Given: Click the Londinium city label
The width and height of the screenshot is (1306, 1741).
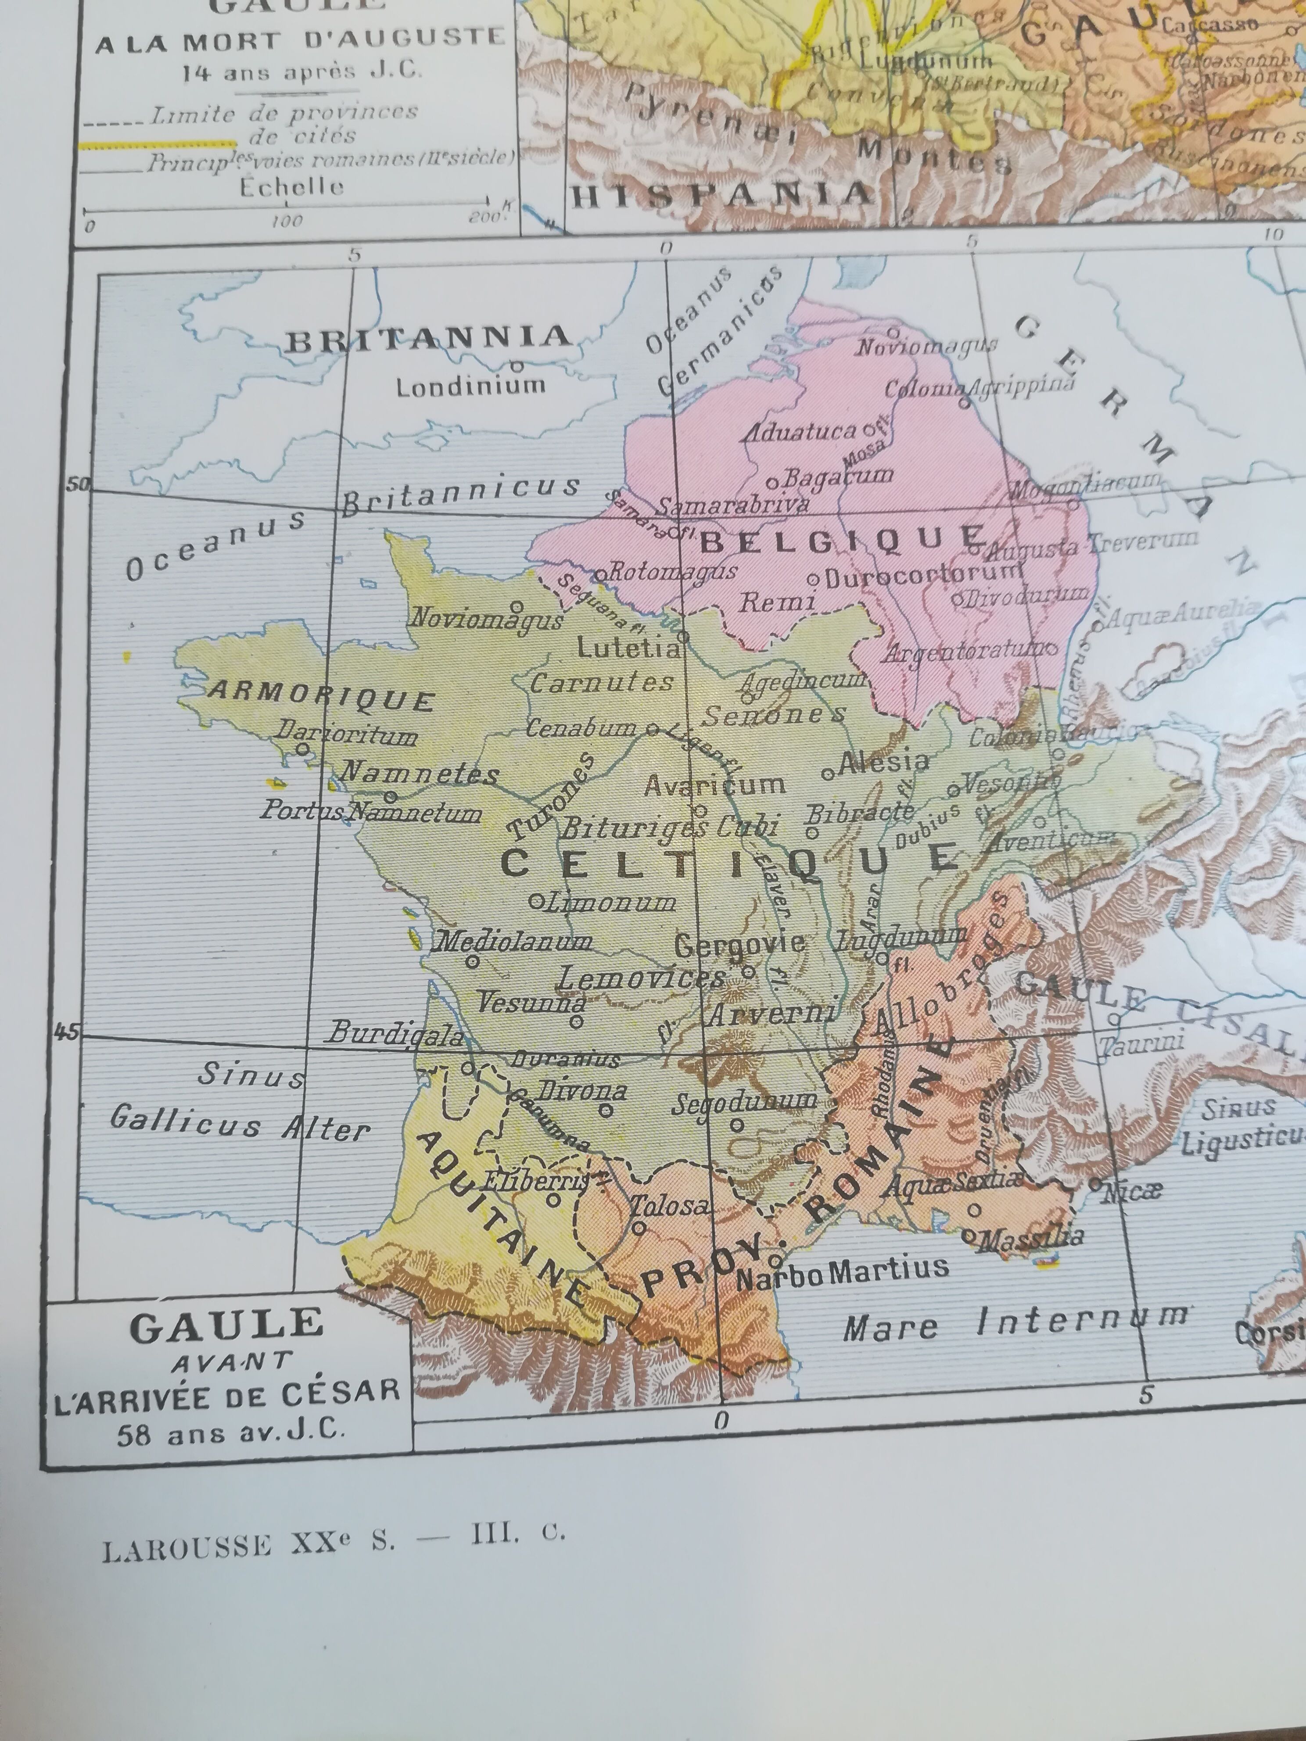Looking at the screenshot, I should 470,387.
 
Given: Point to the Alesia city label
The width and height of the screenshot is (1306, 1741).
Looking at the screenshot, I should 883,762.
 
